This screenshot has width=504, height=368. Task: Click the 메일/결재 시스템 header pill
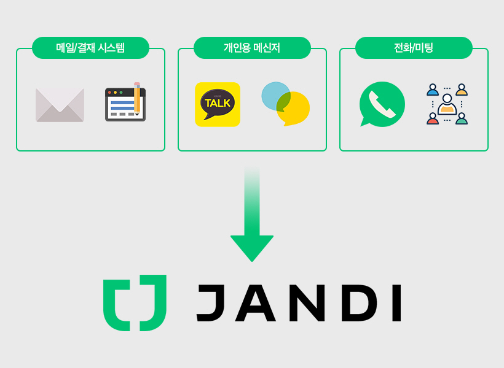90,48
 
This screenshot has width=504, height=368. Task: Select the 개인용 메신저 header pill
252,48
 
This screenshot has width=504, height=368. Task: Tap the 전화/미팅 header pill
414,48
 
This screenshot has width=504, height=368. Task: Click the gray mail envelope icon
60,105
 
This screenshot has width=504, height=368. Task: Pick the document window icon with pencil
125,103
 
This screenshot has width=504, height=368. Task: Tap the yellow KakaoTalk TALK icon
218,104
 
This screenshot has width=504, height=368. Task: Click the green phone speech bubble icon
382,104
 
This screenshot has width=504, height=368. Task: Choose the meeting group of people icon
447,104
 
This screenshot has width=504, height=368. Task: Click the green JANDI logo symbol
135,303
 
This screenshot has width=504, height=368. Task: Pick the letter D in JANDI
359,303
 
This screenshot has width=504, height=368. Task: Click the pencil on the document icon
137,98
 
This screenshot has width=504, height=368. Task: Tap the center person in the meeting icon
447,105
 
